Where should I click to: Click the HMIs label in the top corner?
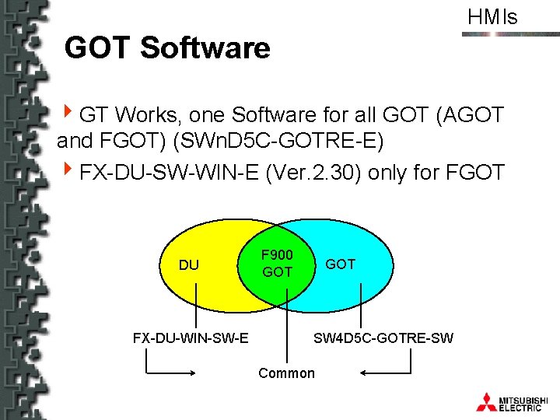tap(492, 17)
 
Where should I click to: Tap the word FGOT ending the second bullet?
tap(475, 171)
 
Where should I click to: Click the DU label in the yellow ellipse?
tap(188, 265)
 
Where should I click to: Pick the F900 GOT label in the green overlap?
tap(277, 263)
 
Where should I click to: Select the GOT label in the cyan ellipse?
tap(340, 264)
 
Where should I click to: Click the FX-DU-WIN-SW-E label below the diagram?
tap(191, 338)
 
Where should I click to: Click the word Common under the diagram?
tap(287, 373)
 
